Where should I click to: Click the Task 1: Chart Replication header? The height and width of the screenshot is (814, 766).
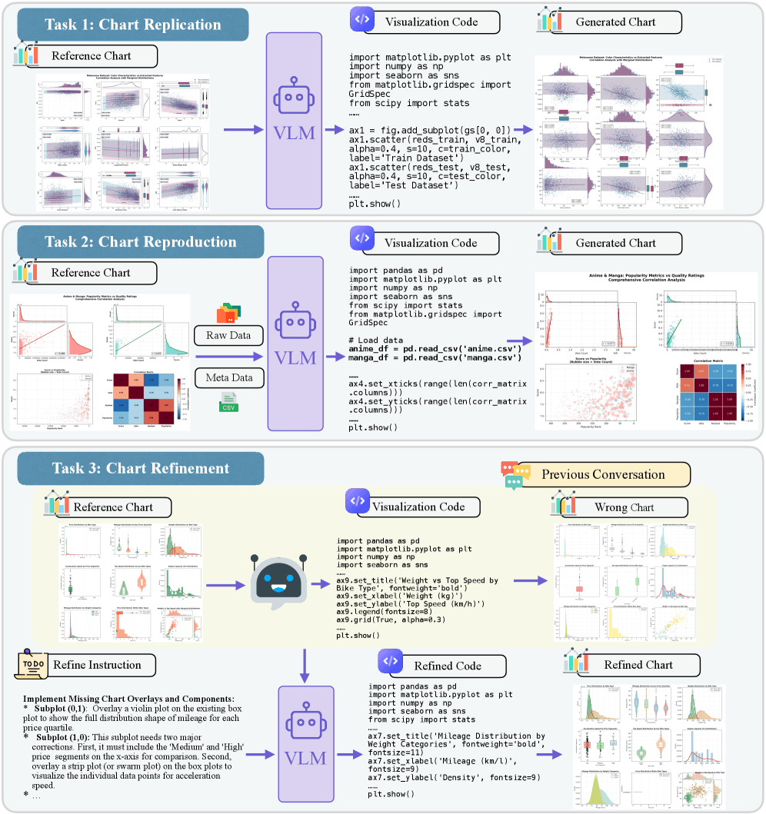click(133, 25)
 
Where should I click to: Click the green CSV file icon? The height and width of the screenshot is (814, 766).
click(229, 403)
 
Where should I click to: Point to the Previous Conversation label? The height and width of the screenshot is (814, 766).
click(603, 473)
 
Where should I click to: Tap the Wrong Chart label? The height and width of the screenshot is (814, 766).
click(624, 507)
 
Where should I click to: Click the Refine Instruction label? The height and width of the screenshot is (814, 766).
click(96, 665)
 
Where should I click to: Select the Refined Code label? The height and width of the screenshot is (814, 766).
click(447, 666)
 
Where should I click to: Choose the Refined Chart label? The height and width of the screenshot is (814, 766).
click(638, 665)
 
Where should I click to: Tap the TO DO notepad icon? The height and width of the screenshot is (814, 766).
click(32, 665)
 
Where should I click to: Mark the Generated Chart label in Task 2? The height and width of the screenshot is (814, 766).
click(614, 243)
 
